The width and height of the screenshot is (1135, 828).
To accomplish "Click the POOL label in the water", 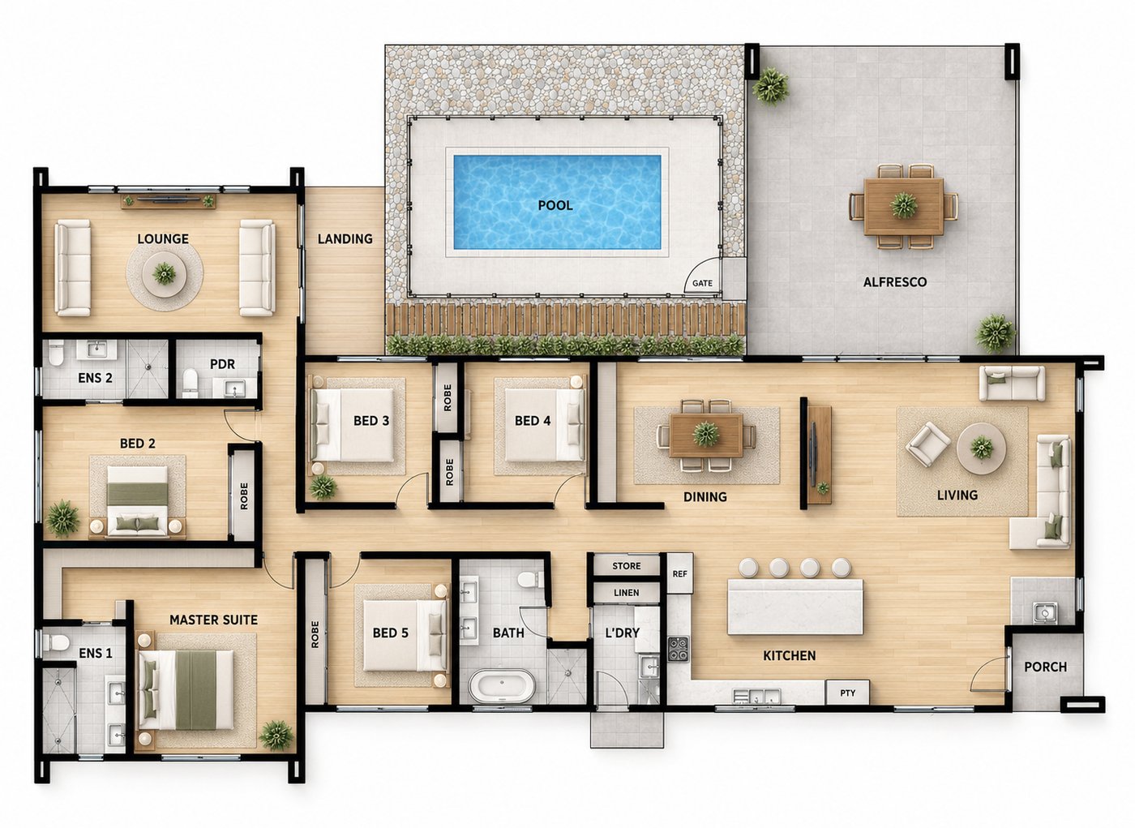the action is coord(555,205).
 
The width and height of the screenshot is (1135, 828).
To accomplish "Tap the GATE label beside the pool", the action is coord(702,283).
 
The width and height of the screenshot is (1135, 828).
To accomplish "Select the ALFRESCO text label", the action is coord(895,282).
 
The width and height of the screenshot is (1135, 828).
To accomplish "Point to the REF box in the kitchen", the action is coord(679,573).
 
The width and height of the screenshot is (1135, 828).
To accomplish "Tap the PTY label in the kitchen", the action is coord(848,693).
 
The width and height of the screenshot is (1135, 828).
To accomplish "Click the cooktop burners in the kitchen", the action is coord(679,649).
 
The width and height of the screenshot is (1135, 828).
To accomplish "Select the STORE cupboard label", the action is coord(626,565).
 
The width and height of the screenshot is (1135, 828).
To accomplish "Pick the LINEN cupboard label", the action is coord(626,592).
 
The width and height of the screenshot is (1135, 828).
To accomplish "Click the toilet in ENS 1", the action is coord(55,642).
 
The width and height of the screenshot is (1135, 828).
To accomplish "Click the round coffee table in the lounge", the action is coord(164,274).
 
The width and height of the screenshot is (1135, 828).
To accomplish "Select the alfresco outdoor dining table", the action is coord(903,206).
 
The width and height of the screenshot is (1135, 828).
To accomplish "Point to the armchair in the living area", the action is coord(927,444).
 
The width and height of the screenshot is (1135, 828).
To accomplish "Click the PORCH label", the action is coord(1045,667).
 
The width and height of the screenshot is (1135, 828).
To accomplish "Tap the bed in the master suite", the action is coord(186,690).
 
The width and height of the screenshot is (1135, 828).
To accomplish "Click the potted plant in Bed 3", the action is coord(323,487).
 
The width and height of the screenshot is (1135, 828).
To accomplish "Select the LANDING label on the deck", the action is coord(345,238).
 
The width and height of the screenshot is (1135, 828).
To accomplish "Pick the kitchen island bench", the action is coord(795,607).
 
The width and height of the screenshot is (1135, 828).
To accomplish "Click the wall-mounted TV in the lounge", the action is coord(169,199).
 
